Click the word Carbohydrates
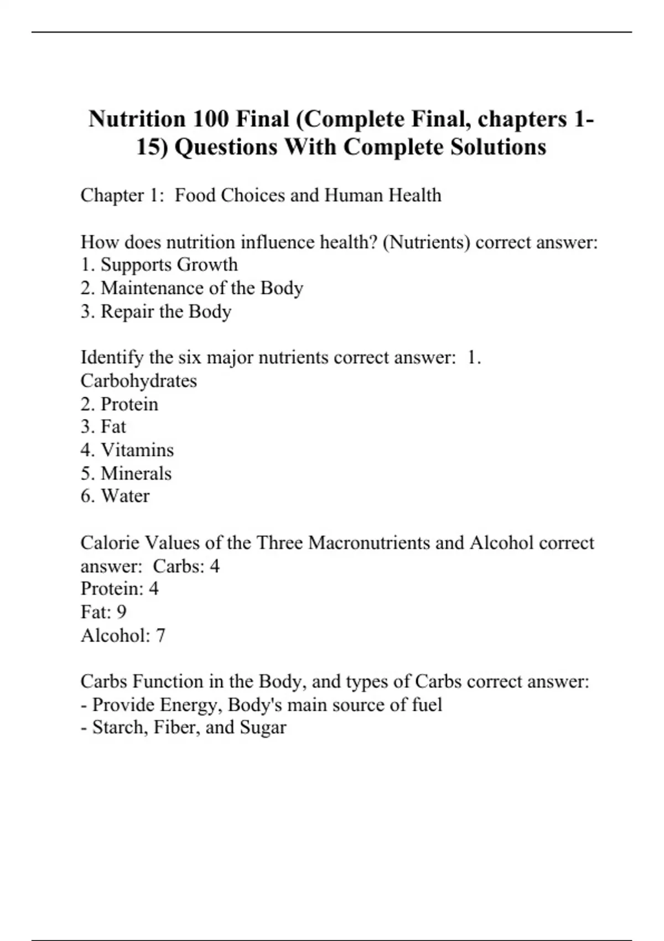click(x=138, y=381)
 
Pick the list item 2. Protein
click(x=120, y=404)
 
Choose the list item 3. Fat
click(x=103, y=427)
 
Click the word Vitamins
click(x=137, y=450)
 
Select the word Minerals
click(x=136, y=473)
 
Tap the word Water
click(x=124, y=496)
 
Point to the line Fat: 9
click(x=103, y=612)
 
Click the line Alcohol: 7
click(x=123, y=635)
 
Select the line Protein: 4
click(x=120, y=588)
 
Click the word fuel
click(x=427, y=705)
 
